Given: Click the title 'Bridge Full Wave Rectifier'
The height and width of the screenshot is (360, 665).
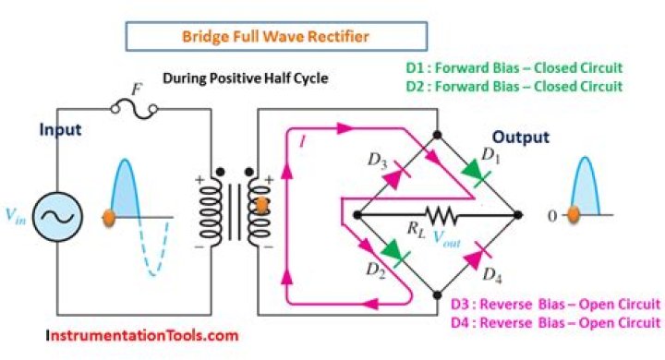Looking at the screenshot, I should click(276, 37).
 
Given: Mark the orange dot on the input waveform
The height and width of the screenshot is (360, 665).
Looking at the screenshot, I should click(108, 218).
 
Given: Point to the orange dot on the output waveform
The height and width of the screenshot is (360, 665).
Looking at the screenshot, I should click(573, 215).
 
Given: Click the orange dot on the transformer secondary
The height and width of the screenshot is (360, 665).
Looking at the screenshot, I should click(261, 205).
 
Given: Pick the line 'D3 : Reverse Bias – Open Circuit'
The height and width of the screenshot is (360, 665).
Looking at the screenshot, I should click(555, 305).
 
